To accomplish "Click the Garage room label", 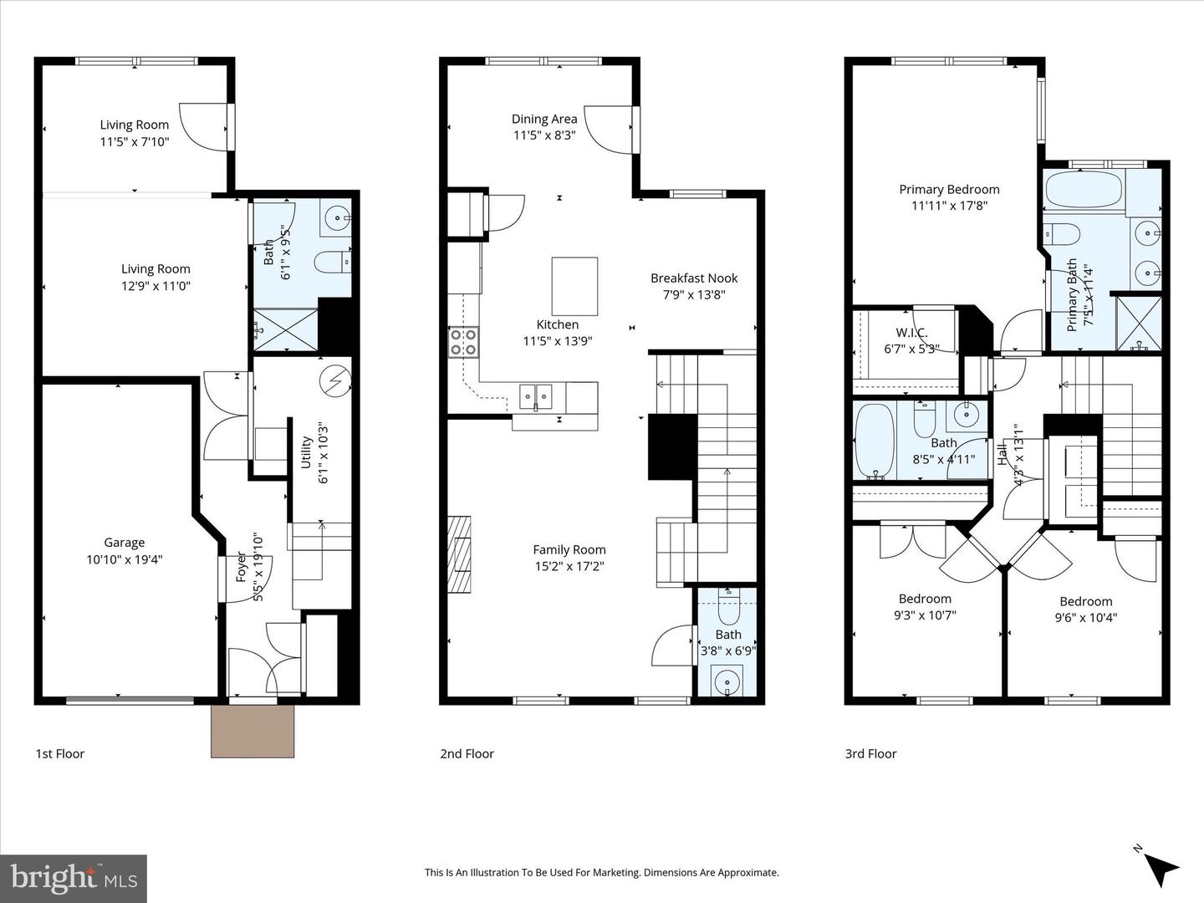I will (x=124, y=543).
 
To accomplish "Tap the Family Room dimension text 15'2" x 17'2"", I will (x=569, y=566).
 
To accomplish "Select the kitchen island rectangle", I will (x=574, y=286).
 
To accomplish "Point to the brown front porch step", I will (x=253, y=731).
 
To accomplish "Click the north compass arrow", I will (x=1161, y=867).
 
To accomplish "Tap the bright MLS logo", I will (x=74, y=878).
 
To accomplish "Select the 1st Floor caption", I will (x=59, y=753).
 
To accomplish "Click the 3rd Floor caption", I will (x=870, y=753).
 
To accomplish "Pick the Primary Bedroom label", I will (x=949, y=189).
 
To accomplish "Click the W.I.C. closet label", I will (x=911, y=333).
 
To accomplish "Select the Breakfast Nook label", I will (x=694, y=278).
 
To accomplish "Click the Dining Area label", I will (x=544, y=119).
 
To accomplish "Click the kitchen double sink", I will (x=535, y=395).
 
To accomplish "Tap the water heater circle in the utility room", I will (x=335, y=381).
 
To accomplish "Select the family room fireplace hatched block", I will (x=459, y=554).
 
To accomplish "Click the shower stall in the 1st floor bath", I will (x=286, y=329).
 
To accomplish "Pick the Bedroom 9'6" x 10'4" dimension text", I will (x=1085, y=618).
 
